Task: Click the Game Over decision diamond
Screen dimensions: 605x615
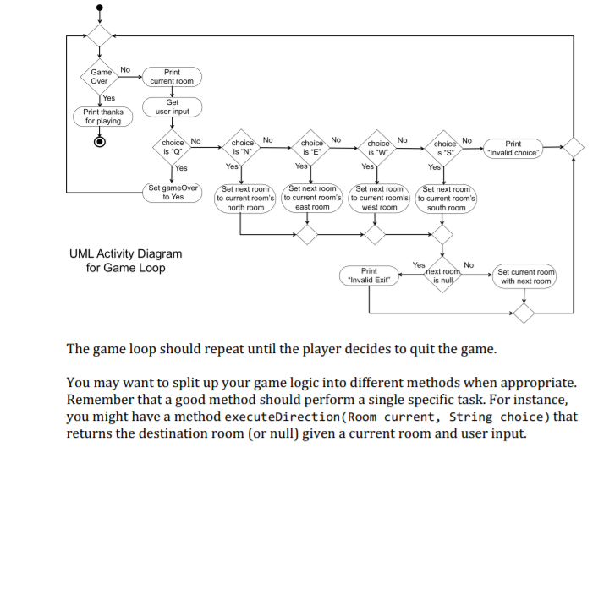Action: pyautogui.click(x=100, y=76)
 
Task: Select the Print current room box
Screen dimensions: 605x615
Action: pyautogui.click(x=172, y=77)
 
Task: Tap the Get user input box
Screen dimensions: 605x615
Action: pyautogui.click(x=172, y=106)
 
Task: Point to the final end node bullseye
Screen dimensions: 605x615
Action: pyautogui.click(x=100, y=141)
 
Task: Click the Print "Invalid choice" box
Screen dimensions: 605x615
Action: pyautogui.click(x=513, y=147)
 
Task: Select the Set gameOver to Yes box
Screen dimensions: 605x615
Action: pyautogui.click(x=173, y=192)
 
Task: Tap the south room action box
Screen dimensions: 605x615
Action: pyautogui.click(x=446, y=199)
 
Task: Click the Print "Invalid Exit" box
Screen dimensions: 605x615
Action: pyautogui.click(x=369, y=276)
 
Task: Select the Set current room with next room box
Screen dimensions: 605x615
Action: pyautogui.click(x=525, y=276)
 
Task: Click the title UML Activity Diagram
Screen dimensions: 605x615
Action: pyautogui.click(x=125, y=253)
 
